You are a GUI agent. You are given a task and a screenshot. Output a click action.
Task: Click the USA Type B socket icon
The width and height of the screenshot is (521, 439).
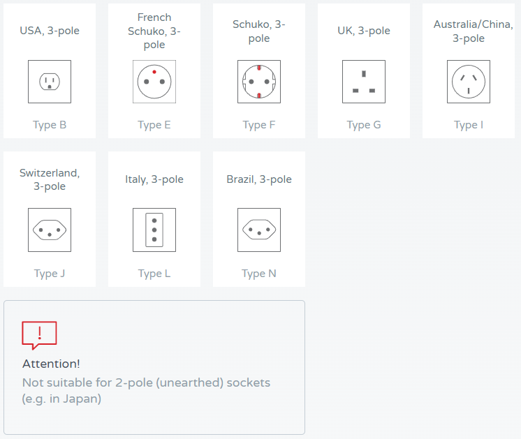[x=50, y=82]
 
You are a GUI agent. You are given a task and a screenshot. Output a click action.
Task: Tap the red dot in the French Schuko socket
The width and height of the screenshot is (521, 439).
[x=154, y=72]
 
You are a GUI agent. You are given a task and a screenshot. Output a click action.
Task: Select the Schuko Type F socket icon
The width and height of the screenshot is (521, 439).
[x=259, y=82]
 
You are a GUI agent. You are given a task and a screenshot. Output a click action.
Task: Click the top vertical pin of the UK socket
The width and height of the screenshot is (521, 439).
[x=364, y=74]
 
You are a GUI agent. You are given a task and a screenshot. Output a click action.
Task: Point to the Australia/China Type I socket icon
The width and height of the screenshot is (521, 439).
[x=469, y=82]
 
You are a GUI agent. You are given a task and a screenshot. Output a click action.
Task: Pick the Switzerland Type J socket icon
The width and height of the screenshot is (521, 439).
[x=50, y=230]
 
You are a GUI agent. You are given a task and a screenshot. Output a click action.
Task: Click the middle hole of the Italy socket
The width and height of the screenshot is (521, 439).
[x=154, y=230]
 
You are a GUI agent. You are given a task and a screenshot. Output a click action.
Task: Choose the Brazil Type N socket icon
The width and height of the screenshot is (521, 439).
[x=259, y=230]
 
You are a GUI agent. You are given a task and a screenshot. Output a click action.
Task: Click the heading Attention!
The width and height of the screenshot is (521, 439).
[x=51, y=364]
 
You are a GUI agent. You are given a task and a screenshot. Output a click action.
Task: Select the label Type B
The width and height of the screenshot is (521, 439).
[x=50, y=125]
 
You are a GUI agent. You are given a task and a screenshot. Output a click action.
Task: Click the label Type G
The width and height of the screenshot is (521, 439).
[x=364, y=125]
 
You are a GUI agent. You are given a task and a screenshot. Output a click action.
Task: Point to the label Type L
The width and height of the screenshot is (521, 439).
[x=154, y=274]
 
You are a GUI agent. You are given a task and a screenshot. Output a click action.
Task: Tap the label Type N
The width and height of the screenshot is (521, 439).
[x=259, y=274]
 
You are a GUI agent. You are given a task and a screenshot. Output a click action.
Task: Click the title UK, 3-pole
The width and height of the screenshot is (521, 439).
[x=364, y=31]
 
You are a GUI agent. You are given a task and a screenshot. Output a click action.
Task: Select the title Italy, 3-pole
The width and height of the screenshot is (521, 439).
[x=154, y=179]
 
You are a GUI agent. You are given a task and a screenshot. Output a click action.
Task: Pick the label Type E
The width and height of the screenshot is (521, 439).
[x=154, y=125]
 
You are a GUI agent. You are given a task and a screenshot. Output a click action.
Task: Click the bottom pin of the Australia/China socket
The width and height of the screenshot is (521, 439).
[x=469, y=91]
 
